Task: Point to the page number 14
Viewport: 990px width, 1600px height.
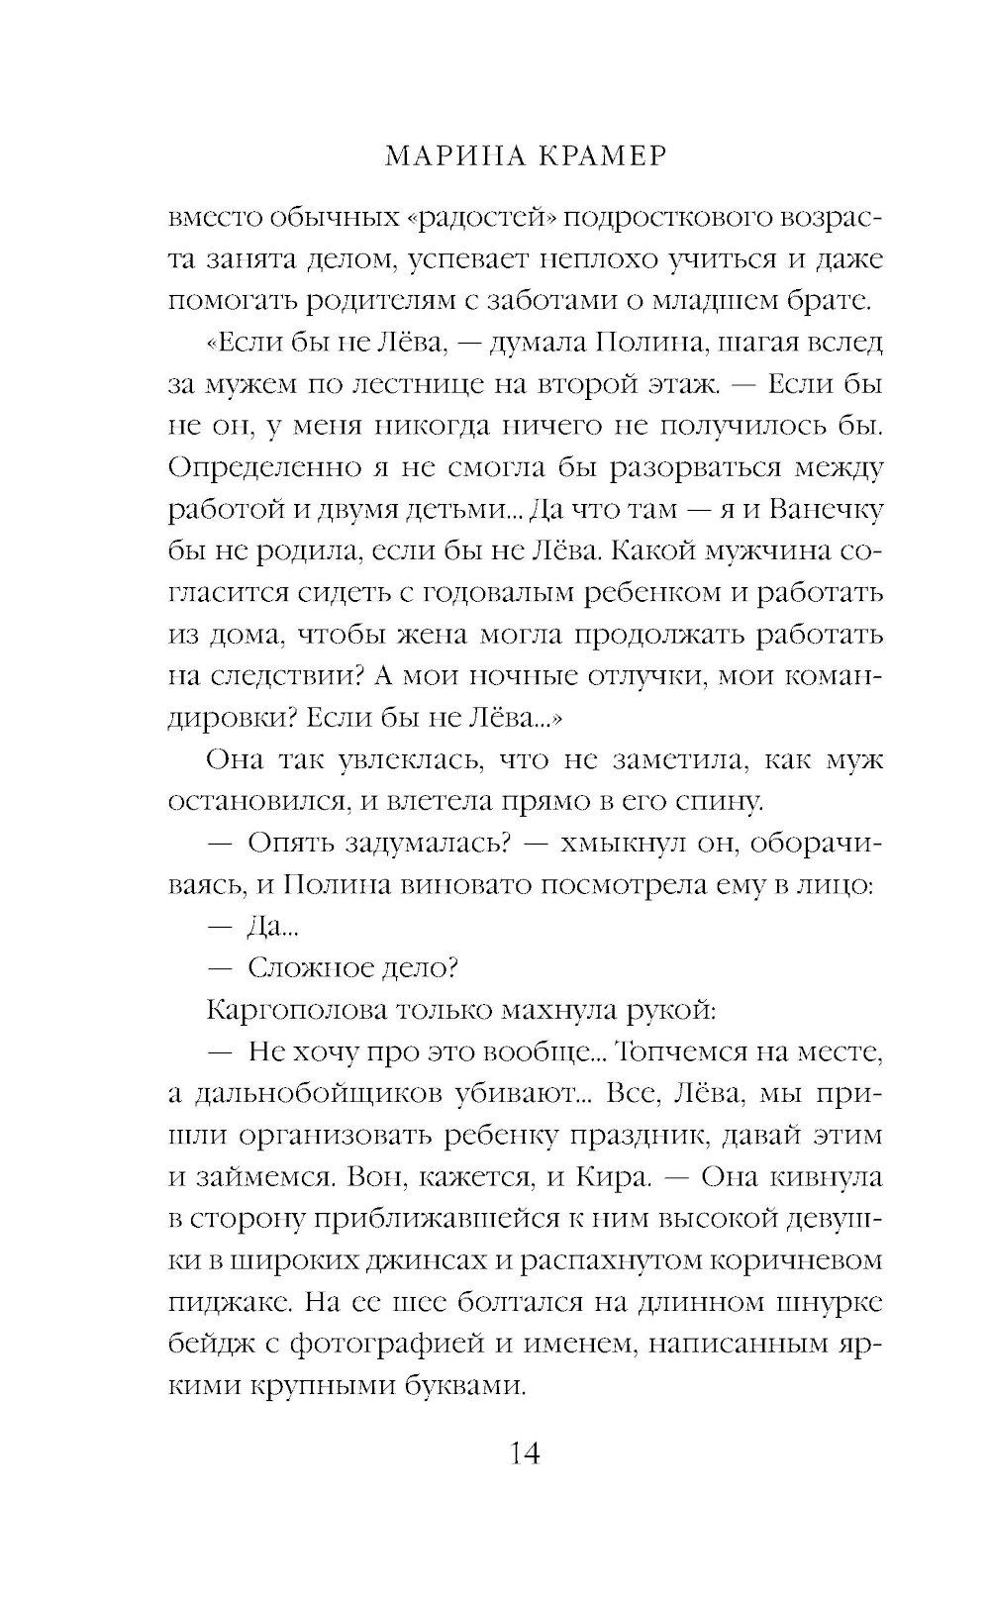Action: (x=524, y=1453)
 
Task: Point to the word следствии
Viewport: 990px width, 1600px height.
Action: (x=278, y=676)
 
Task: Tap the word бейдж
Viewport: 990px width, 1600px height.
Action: (x=217, y=1345)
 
